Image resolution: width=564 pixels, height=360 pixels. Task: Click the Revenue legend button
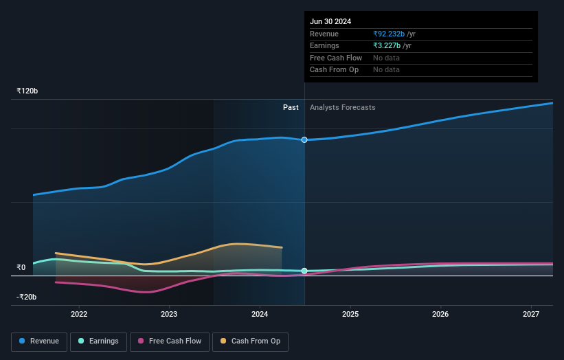point(39,341)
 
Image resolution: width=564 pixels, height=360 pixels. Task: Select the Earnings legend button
point(98,341)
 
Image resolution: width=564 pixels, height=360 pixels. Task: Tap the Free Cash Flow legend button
point(169,341)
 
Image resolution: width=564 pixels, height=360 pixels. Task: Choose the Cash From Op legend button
point(251,341)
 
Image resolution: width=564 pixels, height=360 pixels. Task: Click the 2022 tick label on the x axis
point(79,315)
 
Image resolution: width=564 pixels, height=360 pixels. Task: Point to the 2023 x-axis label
point(169,315)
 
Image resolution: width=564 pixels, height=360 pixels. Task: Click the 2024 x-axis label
point(260,315)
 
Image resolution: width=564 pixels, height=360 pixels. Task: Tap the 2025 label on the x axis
point(350,315)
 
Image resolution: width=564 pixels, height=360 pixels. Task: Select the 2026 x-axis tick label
point(440,315)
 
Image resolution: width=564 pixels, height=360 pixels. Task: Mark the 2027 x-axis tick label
point(531,315)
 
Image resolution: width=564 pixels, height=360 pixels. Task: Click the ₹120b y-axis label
point(27,91)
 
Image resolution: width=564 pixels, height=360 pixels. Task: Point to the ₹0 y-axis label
point(21,267)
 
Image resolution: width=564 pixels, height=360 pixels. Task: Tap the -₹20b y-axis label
point(27,297)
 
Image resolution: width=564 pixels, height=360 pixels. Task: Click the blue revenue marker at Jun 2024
point(304,139)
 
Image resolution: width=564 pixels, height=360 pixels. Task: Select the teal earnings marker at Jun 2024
point(304,271)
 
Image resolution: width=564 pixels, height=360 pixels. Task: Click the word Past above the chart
point(291,107)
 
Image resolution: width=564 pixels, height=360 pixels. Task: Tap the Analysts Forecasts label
point(342,107)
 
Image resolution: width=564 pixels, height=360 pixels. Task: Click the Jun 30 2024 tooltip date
point(330,21)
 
